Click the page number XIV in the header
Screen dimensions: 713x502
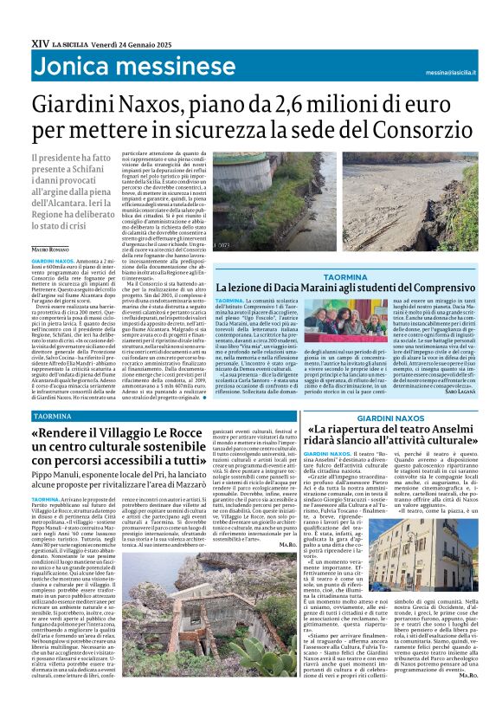pos(39,41)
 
